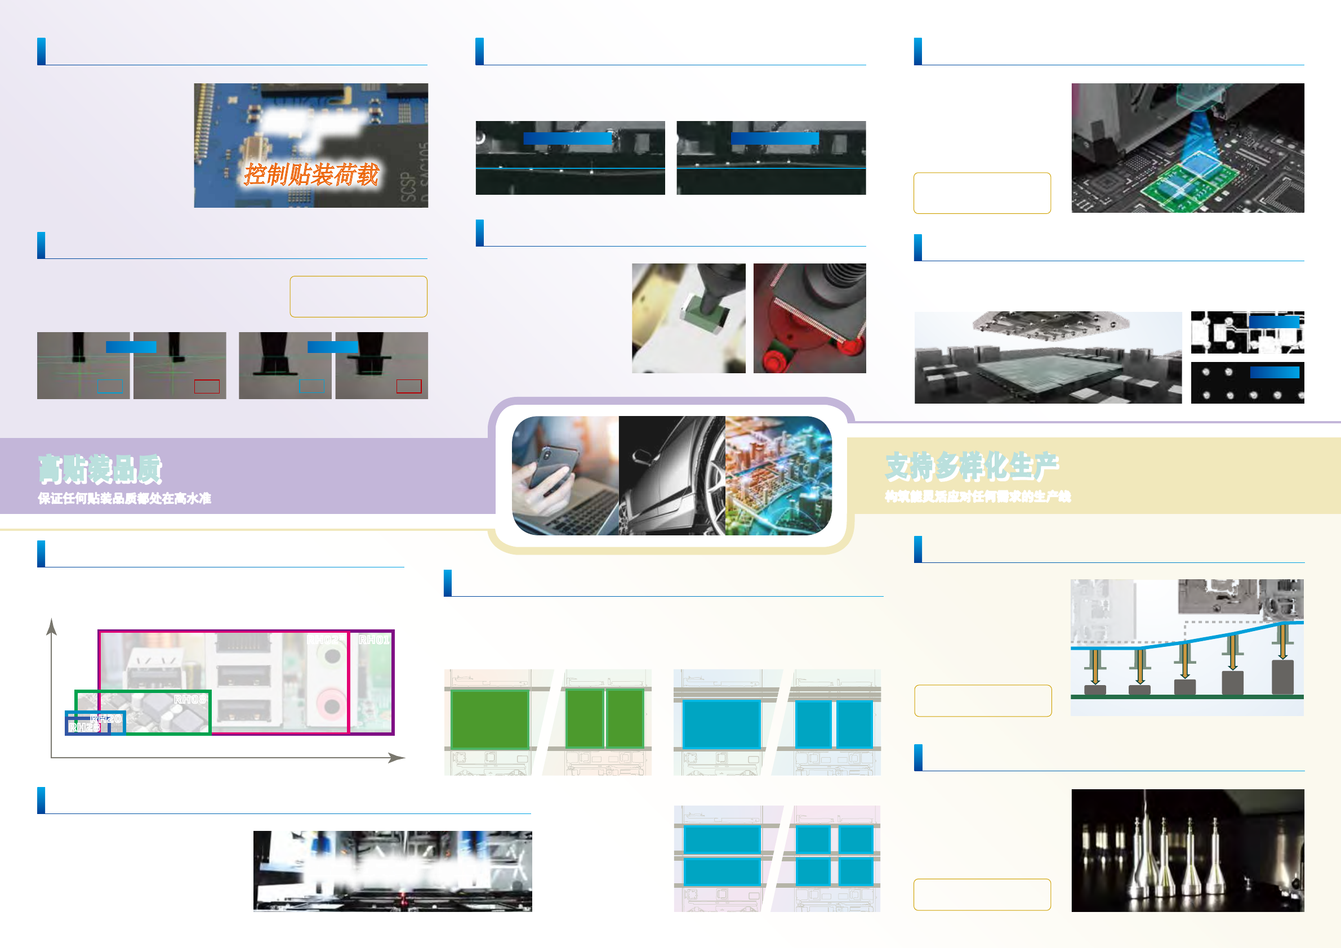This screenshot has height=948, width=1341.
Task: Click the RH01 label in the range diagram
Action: pos(373,640)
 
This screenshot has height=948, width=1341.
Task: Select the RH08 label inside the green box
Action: pos(190,699)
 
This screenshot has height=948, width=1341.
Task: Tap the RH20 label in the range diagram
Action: pos(106,718)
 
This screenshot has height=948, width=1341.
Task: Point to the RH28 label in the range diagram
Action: pos(84,727)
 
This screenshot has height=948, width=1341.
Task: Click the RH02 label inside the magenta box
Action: pos(323,640)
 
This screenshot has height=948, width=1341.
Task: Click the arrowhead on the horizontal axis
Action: pos(397,758)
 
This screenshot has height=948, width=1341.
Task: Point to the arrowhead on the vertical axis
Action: pos(52,626)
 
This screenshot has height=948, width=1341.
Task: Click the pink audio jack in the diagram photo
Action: pos(331,704)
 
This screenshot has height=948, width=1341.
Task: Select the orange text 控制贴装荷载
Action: pos(311,175)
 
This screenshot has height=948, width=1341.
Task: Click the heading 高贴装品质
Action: pos(100,469)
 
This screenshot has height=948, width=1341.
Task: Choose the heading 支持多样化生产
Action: pos(972,467)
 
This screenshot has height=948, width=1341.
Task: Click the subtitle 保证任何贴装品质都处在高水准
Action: pos(124,499)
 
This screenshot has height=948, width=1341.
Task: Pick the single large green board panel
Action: pos(489,718)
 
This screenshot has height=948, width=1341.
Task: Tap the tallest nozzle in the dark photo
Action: pos(1147,847)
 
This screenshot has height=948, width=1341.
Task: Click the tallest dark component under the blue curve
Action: pos(1282,677)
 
